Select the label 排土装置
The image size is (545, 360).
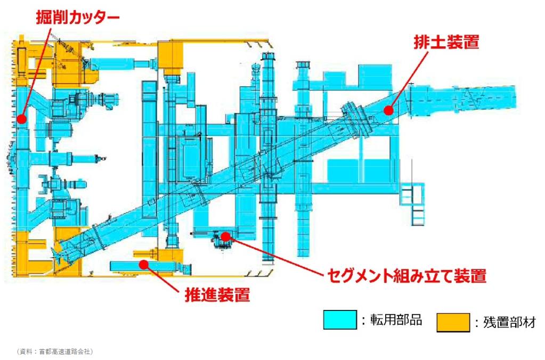(446, 43)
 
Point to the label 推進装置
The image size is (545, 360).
(217, 294)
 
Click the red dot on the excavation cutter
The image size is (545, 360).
(21, 119)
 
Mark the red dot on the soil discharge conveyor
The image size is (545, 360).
(388, 110)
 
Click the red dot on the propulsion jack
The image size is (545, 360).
(143, 263)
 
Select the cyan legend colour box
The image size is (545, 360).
(340, 320)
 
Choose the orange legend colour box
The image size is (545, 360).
(453, 322)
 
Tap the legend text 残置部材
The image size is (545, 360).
(509, 322)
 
